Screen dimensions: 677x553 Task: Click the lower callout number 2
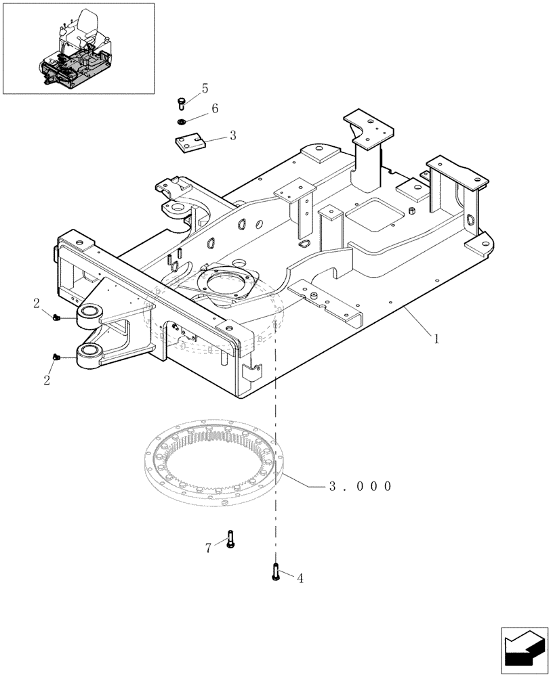[x=47, y=380]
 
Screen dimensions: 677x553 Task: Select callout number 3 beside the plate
[x=232, y=135]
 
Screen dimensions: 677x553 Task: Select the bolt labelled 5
[x=181, y=102]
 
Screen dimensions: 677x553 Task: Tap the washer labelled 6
[x=181, y=122]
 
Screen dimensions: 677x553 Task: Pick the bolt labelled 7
[x=230, y=538]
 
